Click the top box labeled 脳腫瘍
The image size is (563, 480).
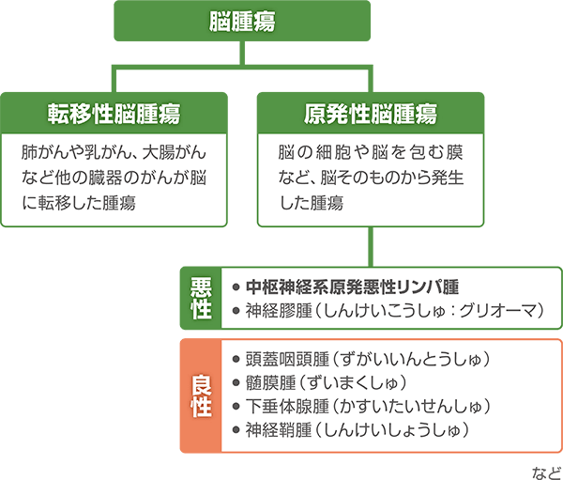point(242,21)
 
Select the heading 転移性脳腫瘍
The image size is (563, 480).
point(114,114)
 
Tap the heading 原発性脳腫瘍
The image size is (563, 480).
point(371,114)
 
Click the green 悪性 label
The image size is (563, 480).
point(201,298)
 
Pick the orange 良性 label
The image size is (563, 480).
point(201,395)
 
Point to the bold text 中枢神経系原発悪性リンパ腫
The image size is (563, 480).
point(351,286)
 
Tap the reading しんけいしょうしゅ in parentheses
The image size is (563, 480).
point(408,431)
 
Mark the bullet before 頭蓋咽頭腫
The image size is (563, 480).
point(235,359)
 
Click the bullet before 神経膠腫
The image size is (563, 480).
point(235,310)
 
